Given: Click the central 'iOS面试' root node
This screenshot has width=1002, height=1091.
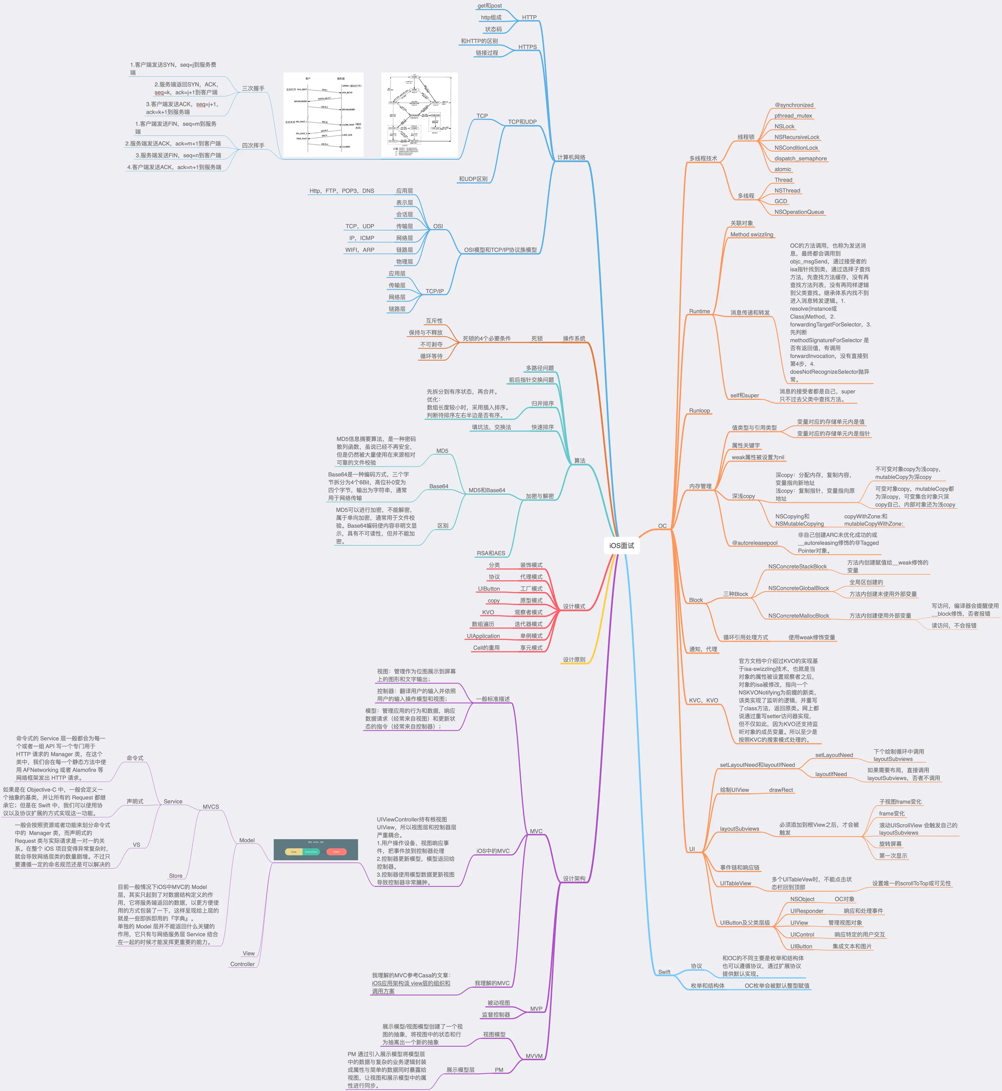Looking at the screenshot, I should click(621, 545).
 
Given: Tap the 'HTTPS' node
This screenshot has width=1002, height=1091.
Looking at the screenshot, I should click(527, 47).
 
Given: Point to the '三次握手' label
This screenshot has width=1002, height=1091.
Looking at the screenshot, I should click(253, 89).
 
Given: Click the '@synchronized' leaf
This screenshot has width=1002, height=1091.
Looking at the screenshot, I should click(793, 105).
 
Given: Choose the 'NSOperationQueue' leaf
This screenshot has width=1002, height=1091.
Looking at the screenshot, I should click(799, 212).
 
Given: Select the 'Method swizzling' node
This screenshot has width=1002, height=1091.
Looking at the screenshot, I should click(751, 235).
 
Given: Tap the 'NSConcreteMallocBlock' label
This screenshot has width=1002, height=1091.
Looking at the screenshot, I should click(798, 616).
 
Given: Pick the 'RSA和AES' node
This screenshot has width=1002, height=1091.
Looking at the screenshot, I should click(491, 553).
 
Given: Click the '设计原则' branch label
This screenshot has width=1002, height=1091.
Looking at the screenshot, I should click(574, 660).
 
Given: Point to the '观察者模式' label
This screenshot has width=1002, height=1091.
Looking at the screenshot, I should click(528, 612).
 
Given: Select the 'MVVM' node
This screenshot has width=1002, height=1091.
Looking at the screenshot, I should click(534, 1056).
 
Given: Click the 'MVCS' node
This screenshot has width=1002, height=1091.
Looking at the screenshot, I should click(211, 807).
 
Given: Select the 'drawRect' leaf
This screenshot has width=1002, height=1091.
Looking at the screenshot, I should click(781, 790).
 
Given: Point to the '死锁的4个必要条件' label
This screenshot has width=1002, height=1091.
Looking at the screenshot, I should click(486, 339).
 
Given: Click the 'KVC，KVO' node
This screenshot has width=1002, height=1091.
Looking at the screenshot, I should click(703, 700).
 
